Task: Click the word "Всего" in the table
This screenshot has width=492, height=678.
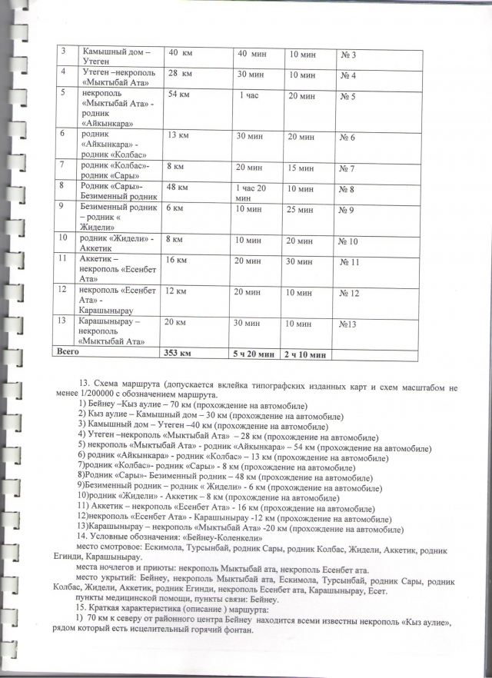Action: (x=68, y=352)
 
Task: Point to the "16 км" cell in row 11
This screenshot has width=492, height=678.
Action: (x=178, y=262)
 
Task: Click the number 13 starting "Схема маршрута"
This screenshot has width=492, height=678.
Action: (x=85, y=383)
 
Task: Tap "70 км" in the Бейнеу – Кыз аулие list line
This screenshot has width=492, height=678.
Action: (x=166, y=404)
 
